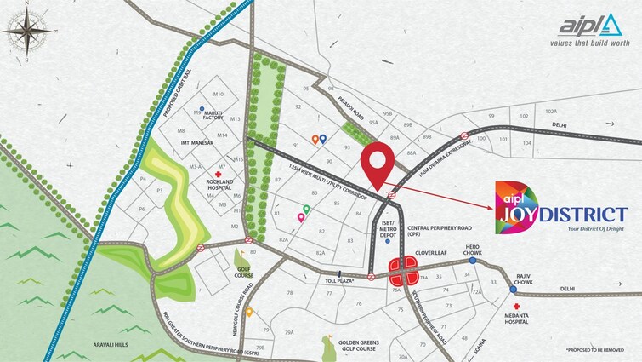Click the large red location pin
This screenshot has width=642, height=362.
pos(378,164)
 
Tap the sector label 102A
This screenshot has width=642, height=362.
pos(551,111)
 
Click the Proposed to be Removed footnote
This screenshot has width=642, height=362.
pos(599,350)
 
